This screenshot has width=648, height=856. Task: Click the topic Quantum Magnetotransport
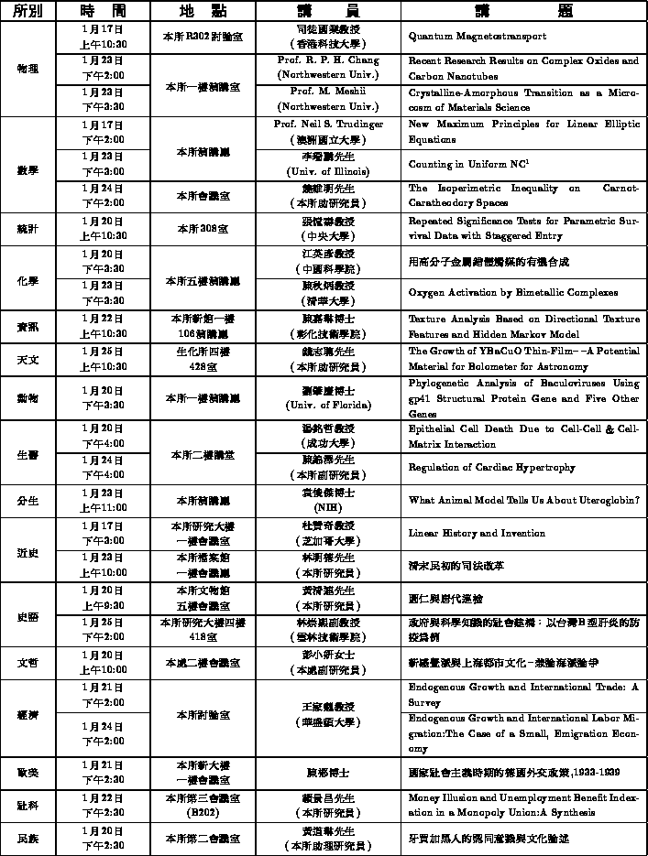(x=477, y=37)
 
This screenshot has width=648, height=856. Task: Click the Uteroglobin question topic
(x=523, y=500)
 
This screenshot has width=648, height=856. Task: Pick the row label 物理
(x=27, y=69)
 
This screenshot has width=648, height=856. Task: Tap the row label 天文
(x=27, y=360)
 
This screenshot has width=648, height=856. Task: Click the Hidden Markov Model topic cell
(x=523, y=326)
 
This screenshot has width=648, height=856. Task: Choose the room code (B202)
(x=202, y=811)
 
